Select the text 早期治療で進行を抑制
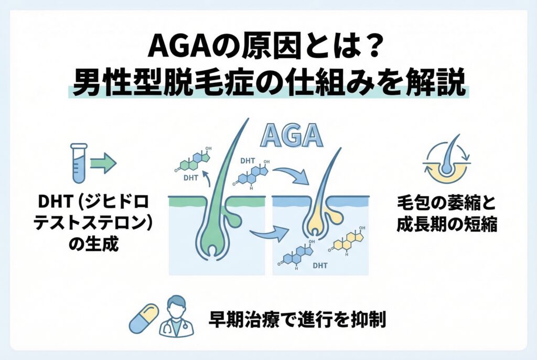(297, 318)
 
